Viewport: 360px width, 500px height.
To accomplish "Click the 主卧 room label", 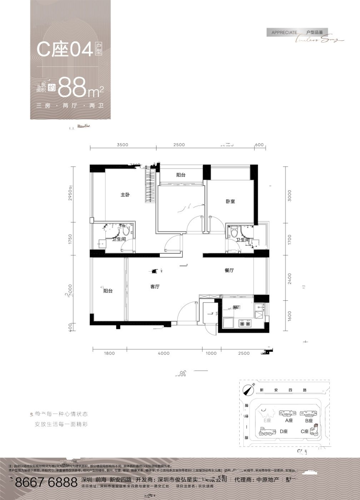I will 125,195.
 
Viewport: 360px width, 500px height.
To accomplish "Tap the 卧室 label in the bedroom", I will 230,201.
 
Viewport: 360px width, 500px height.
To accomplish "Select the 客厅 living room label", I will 155,287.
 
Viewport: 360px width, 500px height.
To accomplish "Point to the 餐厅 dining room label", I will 229,270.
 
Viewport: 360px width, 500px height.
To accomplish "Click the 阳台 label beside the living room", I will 108,291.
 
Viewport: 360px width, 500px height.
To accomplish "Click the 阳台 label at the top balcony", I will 181,175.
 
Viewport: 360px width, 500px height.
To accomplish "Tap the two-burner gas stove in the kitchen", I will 244,324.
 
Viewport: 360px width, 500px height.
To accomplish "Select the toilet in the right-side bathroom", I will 234,232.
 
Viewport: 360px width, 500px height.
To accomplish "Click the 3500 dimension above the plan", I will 122,145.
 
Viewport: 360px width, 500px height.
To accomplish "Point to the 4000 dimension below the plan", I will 164,353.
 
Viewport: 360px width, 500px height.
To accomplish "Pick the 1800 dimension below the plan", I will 109,353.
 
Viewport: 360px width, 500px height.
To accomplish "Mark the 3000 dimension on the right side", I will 290,195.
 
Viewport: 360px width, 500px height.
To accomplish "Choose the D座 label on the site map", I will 284,431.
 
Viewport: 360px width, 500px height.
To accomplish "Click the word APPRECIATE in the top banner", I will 284,32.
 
